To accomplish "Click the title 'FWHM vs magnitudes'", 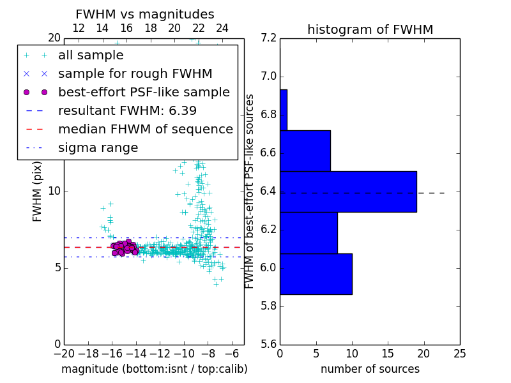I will (x=145, y=14).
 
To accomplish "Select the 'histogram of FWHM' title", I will (x=370, y=29).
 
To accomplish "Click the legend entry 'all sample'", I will (x=91, y=56).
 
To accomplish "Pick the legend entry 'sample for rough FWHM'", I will (x=135, y=73).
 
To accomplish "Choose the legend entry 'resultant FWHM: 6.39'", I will (x=127, y=110).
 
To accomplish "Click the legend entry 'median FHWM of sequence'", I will (x=145, y=129).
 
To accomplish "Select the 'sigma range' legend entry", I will (x=98, y=147).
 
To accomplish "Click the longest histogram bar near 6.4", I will (x=348, y=191).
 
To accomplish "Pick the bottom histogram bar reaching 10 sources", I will (x=316, y=274).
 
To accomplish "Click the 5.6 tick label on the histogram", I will (x=268, y=343).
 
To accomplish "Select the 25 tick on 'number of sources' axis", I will (x=459, y=353).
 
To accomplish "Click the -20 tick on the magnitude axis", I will (x=64, y=353).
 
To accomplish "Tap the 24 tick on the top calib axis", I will (x=222, y=28).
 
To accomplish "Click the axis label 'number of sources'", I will (x=370, y=369).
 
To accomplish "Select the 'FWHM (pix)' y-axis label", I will (x=38, y=191).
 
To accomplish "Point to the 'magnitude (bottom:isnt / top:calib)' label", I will (x=154, y=369).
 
